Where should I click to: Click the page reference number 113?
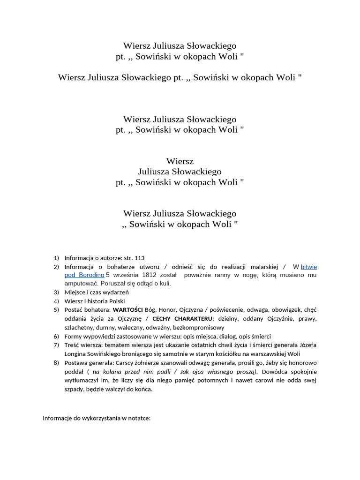140,258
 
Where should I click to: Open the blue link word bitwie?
309,266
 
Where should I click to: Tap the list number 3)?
56,292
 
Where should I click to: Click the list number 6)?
56,336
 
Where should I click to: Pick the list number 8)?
56,362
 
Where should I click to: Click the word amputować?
79,283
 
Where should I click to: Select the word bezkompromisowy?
198,327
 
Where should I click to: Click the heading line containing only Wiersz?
180,161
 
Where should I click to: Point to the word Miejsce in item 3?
76,292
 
